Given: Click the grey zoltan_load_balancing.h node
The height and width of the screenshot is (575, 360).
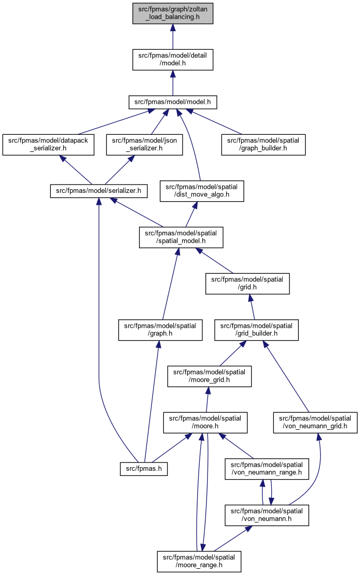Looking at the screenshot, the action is click(x=172, y=13).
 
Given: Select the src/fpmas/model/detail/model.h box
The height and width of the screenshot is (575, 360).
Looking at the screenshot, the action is click(x=172, y=60).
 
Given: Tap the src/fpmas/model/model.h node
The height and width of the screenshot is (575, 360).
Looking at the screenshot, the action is click(x=172, y=102).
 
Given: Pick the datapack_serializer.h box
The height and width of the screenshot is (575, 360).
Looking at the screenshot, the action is click(x=48, y=145).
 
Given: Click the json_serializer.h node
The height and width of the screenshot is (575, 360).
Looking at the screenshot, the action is click(x=144, y=145).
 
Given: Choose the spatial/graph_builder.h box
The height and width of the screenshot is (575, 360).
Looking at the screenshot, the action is click(x=263, y=145).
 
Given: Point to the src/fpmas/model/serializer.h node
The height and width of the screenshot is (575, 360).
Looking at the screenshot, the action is click(x=99, y=191).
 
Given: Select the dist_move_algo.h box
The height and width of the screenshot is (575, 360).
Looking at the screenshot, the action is click(x=201, y=191).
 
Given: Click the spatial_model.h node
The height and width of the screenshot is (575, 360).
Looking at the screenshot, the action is click(x=181, y=237).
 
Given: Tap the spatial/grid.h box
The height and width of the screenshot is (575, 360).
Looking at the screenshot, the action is click(x=247, y=284).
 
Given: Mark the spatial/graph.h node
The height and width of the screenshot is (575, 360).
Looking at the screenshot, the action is click(x=160, y=330).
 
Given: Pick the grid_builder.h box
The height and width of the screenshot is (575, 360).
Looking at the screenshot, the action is click(x=256, y=330).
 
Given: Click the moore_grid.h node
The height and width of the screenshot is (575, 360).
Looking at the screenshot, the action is click(x=209, y=376).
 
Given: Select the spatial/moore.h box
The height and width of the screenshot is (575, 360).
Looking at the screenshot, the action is click(x=205, y=423).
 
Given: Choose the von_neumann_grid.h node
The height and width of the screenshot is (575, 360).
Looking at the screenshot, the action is click(x=315, y=423).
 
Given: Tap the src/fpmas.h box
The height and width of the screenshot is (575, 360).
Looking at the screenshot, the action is click(x=144, y=469).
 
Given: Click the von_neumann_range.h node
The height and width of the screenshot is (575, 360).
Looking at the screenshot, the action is click(x=267, y=469).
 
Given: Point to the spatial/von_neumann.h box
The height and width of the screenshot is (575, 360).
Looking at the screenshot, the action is click(x=267, y=515).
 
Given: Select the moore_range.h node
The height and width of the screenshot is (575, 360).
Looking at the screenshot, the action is click(x=199, y=562).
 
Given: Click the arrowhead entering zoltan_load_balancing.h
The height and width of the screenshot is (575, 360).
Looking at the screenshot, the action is click(x=172, y=28).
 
